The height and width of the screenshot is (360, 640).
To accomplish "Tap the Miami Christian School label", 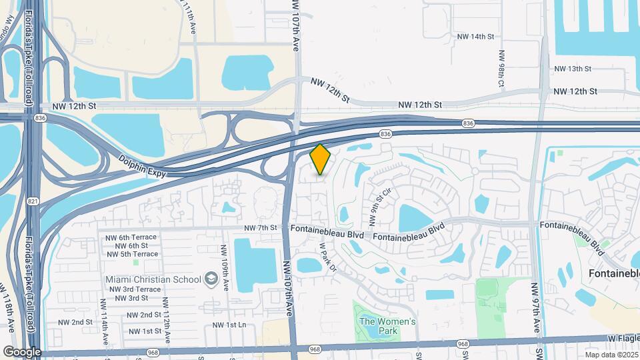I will [153, 278].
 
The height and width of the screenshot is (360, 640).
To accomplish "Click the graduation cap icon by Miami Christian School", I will [211, 277].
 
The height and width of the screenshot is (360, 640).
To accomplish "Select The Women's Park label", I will [387, 326].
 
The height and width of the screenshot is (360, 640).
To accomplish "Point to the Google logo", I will [22, 352].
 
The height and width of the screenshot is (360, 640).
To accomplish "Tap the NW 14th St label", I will [475, 36].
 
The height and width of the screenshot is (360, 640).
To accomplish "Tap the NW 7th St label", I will [260, 227].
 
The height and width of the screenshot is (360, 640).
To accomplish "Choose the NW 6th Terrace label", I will [131, 237].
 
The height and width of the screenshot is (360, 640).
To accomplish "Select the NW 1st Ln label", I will [229, 325].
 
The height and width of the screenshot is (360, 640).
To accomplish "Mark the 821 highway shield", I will [33, 200].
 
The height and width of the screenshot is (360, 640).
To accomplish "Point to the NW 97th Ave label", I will [535, 308].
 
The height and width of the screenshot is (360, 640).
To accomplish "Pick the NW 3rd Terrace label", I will [133, 289].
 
